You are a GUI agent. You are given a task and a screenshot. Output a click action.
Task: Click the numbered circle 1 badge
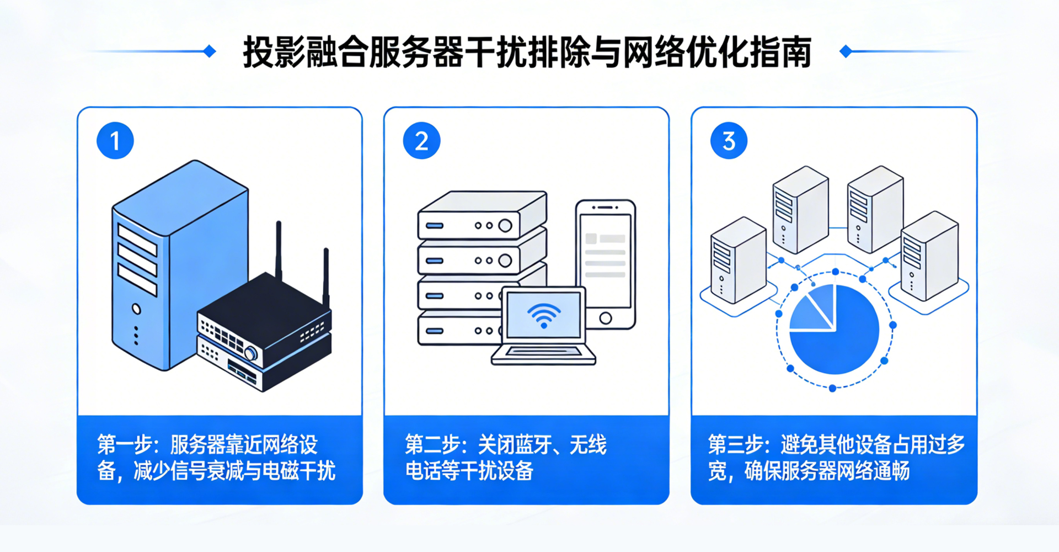point(115,141)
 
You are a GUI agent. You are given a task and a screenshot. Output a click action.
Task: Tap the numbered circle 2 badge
point(421,141)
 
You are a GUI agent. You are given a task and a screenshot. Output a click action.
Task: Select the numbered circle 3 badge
point(729,141)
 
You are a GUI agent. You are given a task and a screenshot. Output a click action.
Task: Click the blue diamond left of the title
point(210,51)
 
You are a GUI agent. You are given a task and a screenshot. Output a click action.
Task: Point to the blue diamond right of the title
point(846,51)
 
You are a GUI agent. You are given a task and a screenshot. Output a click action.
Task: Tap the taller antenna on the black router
point(279,248)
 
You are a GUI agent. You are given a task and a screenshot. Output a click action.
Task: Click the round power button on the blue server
point(136,309)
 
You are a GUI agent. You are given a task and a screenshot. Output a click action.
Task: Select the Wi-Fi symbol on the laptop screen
point(544,315)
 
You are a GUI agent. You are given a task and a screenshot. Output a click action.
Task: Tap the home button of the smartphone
point(606,318)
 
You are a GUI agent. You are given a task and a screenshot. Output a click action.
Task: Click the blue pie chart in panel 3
point(834,330)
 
